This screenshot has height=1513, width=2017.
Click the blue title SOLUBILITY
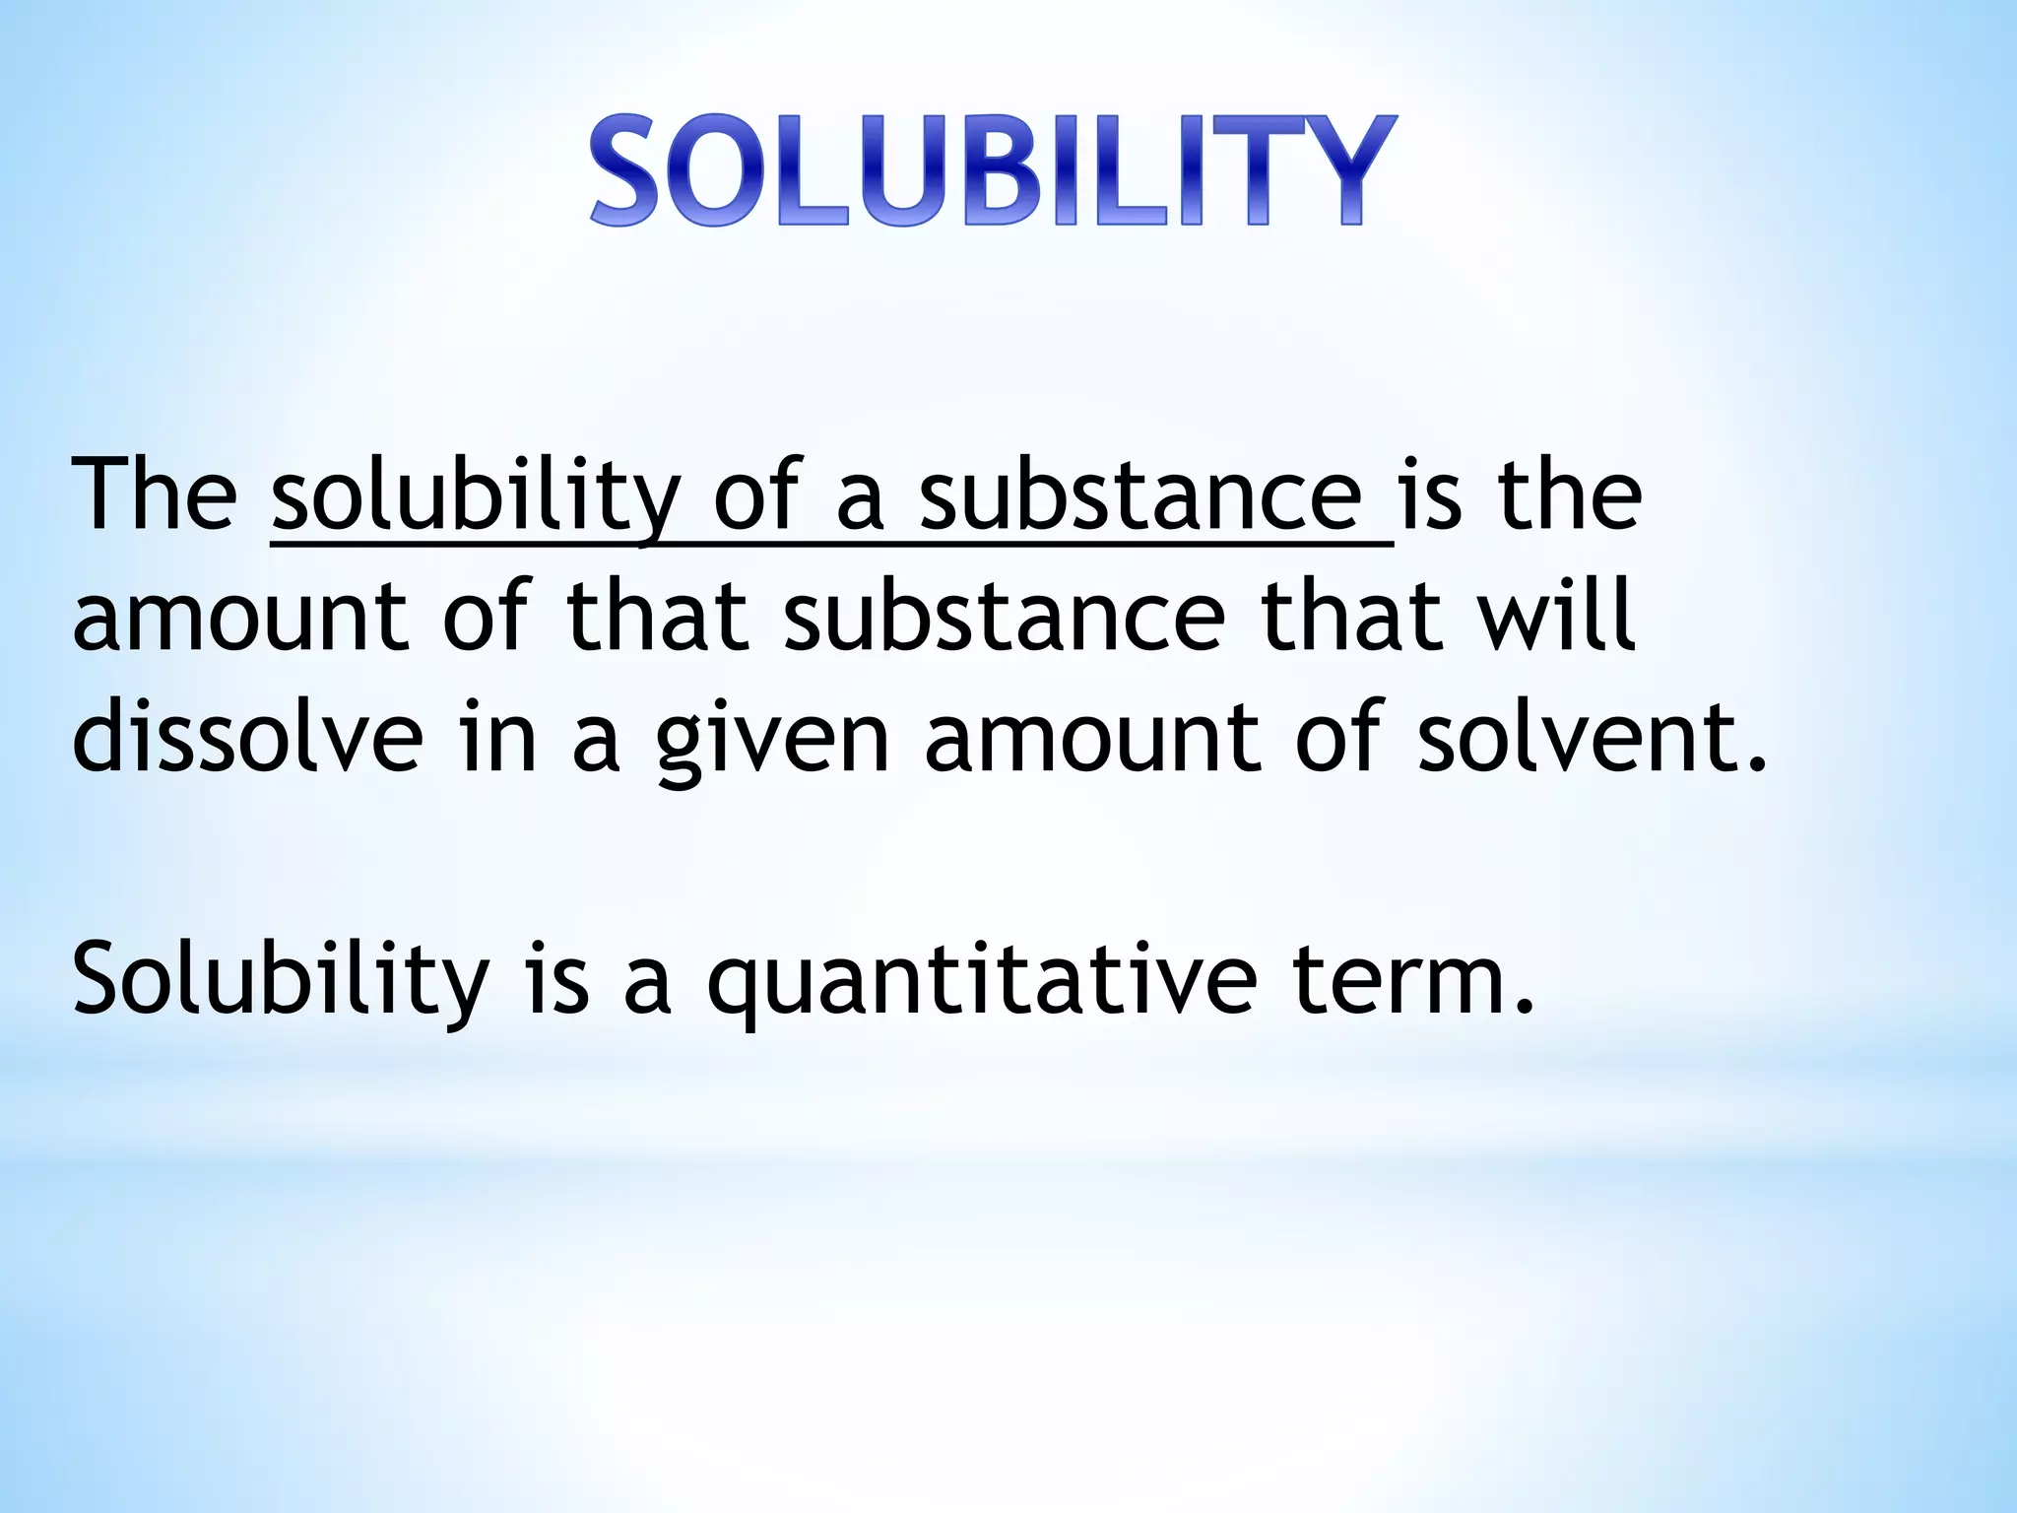point(992,172)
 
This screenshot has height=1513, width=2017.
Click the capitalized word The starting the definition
point(154,494)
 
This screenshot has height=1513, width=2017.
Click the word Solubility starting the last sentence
point(281,980)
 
